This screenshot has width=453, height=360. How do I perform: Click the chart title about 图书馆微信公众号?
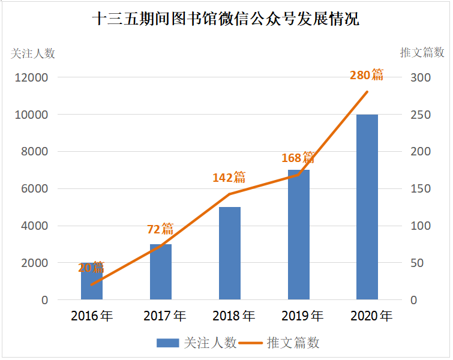point(226,19)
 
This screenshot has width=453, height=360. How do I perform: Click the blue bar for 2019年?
point(299,234)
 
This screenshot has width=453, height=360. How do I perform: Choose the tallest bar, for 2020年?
point(367,206)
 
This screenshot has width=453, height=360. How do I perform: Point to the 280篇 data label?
point(367,75)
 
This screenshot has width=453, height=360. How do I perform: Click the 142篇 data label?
point(229,177)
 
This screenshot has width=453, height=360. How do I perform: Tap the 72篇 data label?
point(160,229)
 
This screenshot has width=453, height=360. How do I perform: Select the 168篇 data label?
point(298,158)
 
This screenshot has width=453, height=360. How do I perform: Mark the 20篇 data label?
point(91,268)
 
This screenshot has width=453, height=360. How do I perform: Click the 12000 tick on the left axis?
point(32,77)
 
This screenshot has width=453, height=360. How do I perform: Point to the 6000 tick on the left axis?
point(35,188)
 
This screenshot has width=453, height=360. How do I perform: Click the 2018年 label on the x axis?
point(230,316)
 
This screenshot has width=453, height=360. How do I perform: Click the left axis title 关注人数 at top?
point(33,53)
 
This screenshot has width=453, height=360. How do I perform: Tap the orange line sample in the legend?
point(251,343)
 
